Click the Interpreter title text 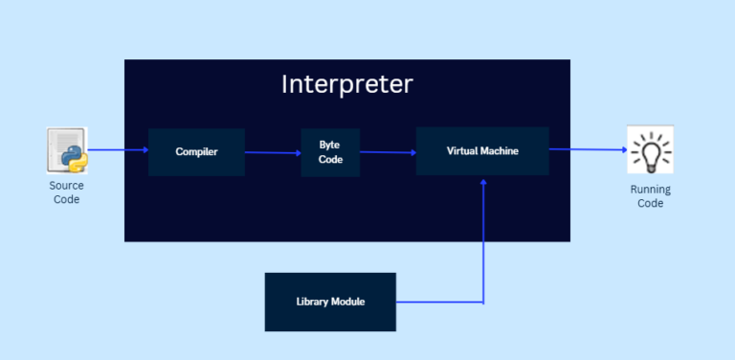click(x=346, y=84)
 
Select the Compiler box click(x=196, y=152)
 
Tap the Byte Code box click(x=330, y=152)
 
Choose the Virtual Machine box click(x=482, y=151)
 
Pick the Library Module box click(x=330, y=302)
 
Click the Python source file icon click(x=67, y=150)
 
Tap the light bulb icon click(x=650, y=150)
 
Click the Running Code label click(x=650, y=196)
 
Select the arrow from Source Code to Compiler click(x=117, y=150)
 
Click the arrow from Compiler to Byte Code click(x=273, y=152)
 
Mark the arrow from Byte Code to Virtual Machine click(x=388, y=152)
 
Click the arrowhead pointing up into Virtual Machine click(x=483, y=181)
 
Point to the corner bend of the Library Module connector click(x=483, y=303)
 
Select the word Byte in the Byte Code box click(x=329, y=145)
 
